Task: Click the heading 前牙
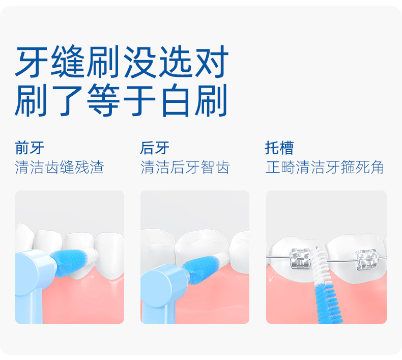(30, 148)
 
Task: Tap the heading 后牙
(155, 148)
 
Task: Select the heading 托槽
(279, 148)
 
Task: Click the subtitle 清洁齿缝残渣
(60, 168)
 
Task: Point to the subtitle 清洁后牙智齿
(185, 168)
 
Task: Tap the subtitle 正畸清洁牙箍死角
(325, 168)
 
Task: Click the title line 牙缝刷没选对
(122, 62)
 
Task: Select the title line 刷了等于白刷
(121, 100)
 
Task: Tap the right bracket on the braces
(366, 260)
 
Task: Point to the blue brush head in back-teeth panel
(204, 269)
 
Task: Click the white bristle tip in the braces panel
(321, 267)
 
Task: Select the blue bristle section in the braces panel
(328, 303)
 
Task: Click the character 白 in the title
(175, 100)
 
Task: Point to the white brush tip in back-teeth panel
(223, 259)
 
